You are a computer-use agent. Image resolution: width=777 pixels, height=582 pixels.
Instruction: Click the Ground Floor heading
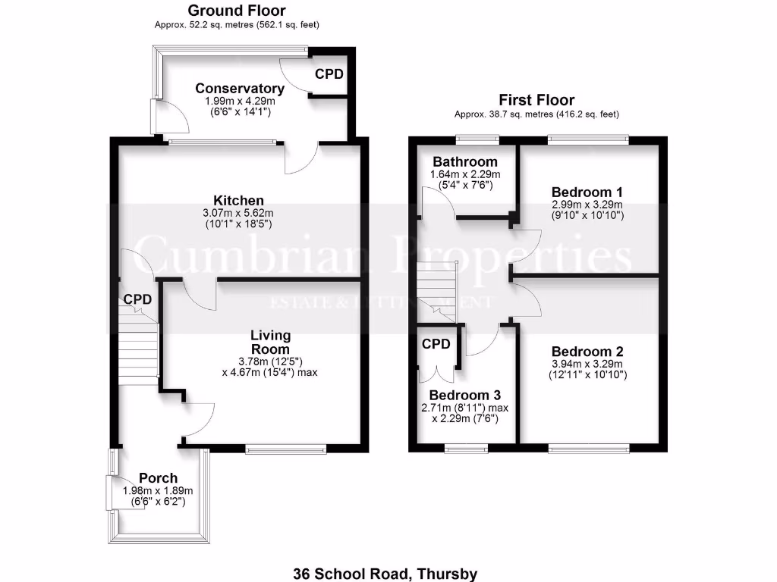237,11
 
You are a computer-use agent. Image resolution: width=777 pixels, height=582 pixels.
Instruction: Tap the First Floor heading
536,100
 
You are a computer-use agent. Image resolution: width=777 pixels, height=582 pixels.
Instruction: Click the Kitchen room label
239,200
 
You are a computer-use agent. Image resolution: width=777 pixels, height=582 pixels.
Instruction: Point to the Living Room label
271,342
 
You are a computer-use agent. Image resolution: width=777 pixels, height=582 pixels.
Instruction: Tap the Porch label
158,478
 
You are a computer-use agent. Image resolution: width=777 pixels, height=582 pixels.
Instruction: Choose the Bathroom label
465,161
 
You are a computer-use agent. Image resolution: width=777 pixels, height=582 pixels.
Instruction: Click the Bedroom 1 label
587,191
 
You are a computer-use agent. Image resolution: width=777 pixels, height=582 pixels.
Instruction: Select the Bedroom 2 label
587,352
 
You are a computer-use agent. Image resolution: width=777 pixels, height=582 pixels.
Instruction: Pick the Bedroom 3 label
464,396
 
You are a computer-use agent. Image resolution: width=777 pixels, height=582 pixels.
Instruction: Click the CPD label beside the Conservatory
329,74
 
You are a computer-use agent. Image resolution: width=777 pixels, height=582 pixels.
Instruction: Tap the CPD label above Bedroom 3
436,344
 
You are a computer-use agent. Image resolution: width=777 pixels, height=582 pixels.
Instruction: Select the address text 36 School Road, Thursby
385,574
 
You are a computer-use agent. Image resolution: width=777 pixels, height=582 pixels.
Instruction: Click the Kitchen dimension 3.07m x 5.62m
239,213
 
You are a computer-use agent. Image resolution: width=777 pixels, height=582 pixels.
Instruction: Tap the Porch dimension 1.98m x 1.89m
158,490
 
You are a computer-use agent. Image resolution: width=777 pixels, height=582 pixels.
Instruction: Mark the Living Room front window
285,449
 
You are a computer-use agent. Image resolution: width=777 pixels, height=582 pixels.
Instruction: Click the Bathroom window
477,139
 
